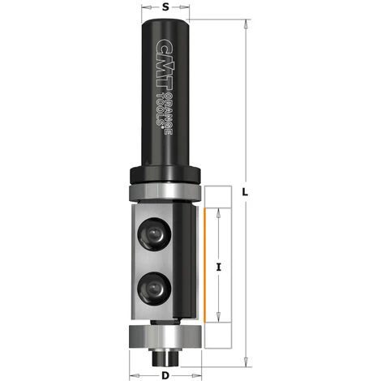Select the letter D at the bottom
tap(165, 375)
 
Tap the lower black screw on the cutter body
tap(152, 285)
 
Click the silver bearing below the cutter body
tap(165, 334)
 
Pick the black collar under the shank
tap(165, 174)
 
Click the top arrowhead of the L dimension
tap(243, 24)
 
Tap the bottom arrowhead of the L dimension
tap(243, 357)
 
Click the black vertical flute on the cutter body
tap(185, 259)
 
